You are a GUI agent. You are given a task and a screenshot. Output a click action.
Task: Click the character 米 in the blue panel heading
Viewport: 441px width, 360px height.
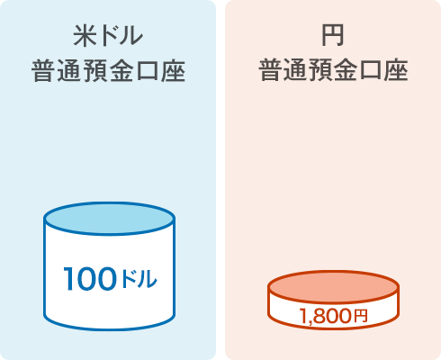tap(85, 36)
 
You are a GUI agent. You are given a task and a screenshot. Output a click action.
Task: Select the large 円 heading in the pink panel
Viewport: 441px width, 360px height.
tap(332, 35)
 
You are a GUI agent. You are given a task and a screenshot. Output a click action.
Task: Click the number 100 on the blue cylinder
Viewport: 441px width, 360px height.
tap(90, 279)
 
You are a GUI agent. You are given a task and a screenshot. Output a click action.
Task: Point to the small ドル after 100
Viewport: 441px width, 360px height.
tap(139, 279)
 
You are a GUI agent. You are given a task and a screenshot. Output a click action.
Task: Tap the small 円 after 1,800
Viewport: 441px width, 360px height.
tap(360, 316)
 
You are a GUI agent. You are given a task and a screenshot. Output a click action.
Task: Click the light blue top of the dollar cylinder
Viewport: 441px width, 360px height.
tap(109, 219)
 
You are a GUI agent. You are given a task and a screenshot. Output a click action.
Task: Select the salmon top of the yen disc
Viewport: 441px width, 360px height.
tap(333, 287)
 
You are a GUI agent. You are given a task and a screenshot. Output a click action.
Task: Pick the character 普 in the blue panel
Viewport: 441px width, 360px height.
tap(43, 71)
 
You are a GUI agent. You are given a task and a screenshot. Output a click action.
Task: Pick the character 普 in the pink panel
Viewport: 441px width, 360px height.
tap(270, 70)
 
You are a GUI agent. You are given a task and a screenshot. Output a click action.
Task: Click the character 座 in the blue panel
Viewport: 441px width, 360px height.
tap(173, 71)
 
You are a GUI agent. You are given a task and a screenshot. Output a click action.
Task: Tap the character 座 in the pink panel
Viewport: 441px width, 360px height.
tap(396, 70)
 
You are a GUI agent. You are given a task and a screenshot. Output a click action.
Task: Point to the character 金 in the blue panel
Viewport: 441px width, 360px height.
tap(121, 71)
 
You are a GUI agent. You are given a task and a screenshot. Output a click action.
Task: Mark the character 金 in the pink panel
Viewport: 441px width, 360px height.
tap(346, 70)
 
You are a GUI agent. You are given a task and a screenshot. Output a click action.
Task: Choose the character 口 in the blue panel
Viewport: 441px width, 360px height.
tap(148, 71)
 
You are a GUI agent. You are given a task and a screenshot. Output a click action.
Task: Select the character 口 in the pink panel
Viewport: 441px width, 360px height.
tap(371, 71)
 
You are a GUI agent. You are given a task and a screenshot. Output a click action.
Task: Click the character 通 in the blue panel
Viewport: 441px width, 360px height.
tap(69, 71)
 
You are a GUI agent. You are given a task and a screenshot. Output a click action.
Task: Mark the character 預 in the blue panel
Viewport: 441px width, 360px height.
tap(95, 71)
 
